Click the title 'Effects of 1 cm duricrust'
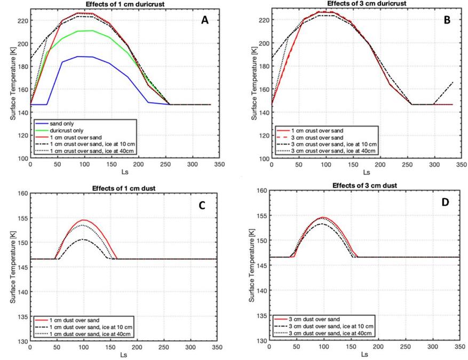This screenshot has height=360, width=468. tap(125, 4)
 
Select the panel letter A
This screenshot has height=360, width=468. tap(205, 20)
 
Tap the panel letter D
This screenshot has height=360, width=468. tap(445, 202)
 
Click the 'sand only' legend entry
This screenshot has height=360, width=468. tap(62, 124)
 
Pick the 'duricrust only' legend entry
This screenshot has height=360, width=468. tap(67, 130)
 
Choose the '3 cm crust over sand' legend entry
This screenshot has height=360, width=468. tap(317, 138)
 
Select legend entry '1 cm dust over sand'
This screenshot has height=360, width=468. tap(74, 320)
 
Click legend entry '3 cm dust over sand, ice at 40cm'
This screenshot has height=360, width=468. tap(330, 333)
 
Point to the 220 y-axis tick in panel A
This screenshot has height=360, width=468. tap(24, 21)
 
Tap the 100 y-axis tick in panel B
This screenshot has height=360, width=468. tap(265, 159)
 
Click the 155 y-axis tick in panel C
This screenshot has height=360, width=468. tap(23, 218)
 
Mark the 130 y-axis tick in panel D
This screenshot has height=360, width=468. tap(263, 341)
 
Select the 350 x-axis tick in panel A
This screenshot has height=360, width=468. tap(219, 165)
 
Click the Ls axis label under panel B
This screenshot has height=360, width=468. tap(366, 173)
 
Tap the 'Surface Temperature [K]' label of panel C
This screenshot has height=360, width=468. tap(12, 268)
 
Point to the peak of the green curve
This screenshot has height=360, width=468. tap(93, 30)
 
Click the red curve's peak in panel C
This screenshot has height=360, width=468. tap(84, 220)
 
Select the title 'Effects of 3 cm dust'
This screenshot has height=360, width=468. tap(364, 185)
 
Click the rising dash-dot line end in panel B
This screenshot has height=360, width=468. tap(453, 82)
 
